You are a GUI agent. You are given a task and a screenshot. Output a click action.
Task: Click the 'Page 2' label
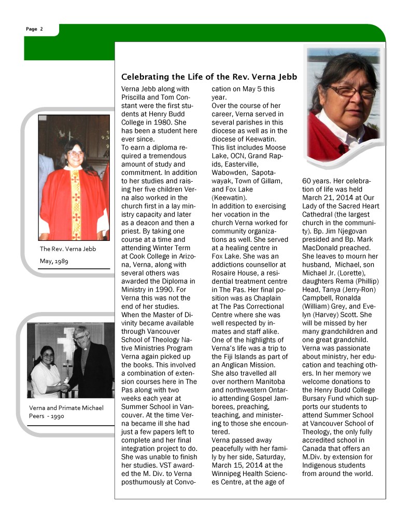point(34,29)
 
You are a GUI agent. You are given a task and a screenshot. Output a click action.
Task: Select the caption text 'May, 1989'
point(54,261)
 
